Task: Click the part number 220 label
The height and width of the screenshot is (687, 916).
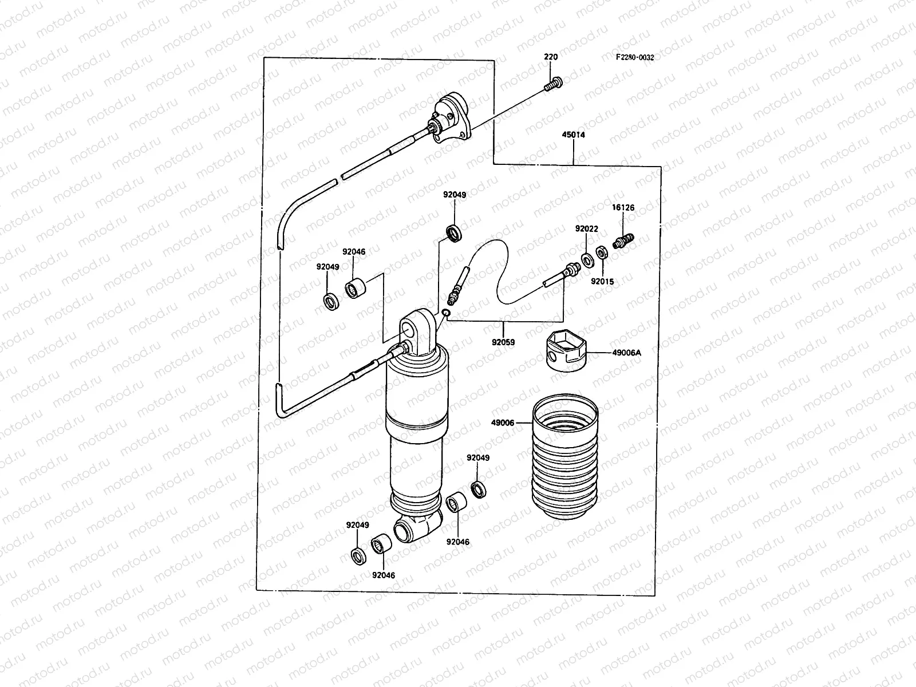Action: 550,57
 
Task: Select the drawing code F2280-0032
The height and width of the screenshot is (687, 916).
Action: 634,57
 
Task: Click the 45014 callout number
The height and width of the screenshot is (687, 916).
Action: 573,136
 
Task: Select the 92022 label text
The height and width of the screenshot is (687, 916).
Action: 586,228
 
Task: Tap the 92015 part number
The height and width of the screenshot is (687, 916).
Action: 602,281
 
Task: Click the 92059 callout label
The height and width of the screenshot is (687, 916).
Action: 503,342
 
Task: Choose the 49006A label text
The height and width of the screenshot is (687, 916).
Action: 626,353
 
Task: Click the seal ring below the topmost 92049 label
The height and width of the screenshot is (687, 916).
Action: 455,234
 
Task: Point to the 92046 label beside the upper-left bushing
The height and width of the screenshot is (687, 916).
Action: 354,251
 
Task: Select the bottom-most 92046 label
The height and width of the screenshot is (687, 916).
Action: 383,575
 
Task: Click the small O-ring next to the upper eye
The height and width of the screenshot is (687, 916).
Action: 446,313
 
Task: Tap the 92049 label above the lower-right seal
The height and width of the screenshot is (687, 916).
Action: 478,458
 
